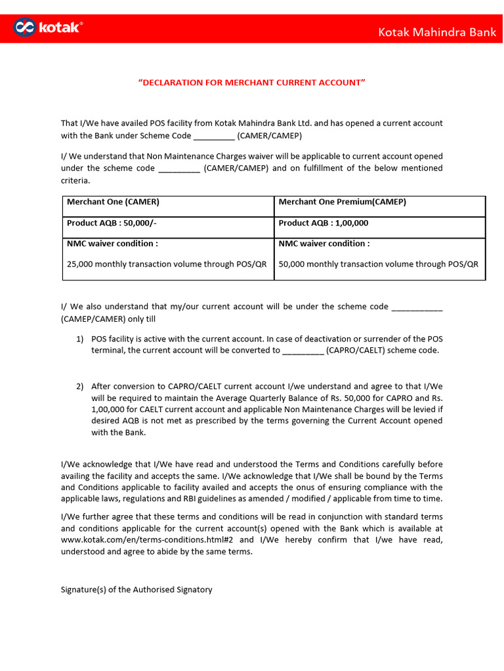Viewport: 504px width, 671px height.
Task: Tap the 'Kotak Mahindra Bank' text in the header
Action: point(437,32)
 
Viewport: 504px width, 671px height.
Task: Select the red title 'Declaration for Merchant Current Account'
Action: point(251,83)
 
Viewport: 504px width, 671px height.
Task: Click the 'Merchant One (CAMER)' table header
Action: point(113,202)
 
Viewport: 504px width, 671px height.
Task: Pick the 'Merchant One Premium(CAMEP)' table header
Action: point(342,202)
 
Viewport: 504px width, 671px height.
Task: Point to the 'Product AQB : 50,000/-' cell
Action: point(112,223)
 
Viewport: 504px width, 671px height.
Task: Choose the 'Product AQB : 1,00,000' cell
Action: point(323,223)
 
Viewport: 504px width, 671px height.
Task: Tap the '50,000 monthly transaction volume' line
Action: point(379,264)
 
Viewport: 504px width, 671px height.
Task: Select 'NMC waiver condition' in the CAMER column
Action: point(112,244)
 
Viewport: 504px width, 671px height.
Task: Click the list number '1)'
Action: point(79,339)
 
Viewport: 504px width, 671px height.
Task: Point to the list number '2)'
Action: point(79,386)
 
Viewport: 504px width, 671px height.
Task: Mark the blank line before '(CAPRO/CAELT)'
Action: point(303,351)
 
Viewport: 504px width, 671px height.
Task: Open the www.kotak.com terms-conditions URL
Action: point(148,540)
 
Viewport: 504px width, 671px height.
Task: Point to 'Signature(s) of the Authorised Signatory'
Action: point(136,590)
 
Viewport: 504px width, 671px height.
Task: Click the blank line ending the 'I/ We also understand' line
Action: point(417,307)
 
